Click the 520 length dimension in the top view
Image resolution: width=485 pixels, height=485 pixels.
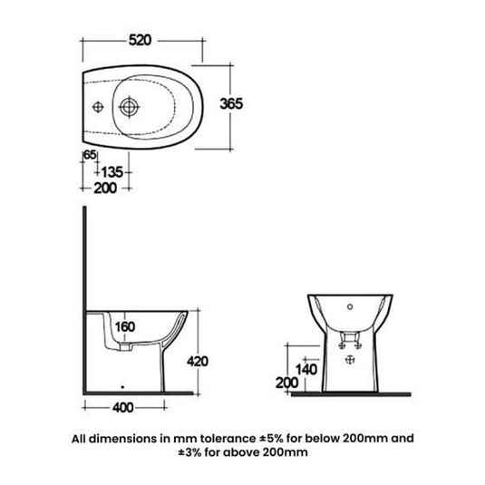(139, 41)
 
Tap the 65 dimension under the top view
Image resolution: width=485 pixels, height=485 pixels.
(89, 156)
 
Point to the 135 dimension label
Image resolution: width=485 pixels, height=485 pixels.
(110, 172)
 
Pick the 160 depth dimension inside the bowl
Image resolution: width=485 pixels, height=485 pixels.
(125, 327)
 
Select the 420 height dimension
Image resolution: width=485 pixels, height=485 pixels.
(199, 361)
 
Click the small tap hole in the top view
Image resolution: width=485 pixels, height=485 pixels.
(95, 105)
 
